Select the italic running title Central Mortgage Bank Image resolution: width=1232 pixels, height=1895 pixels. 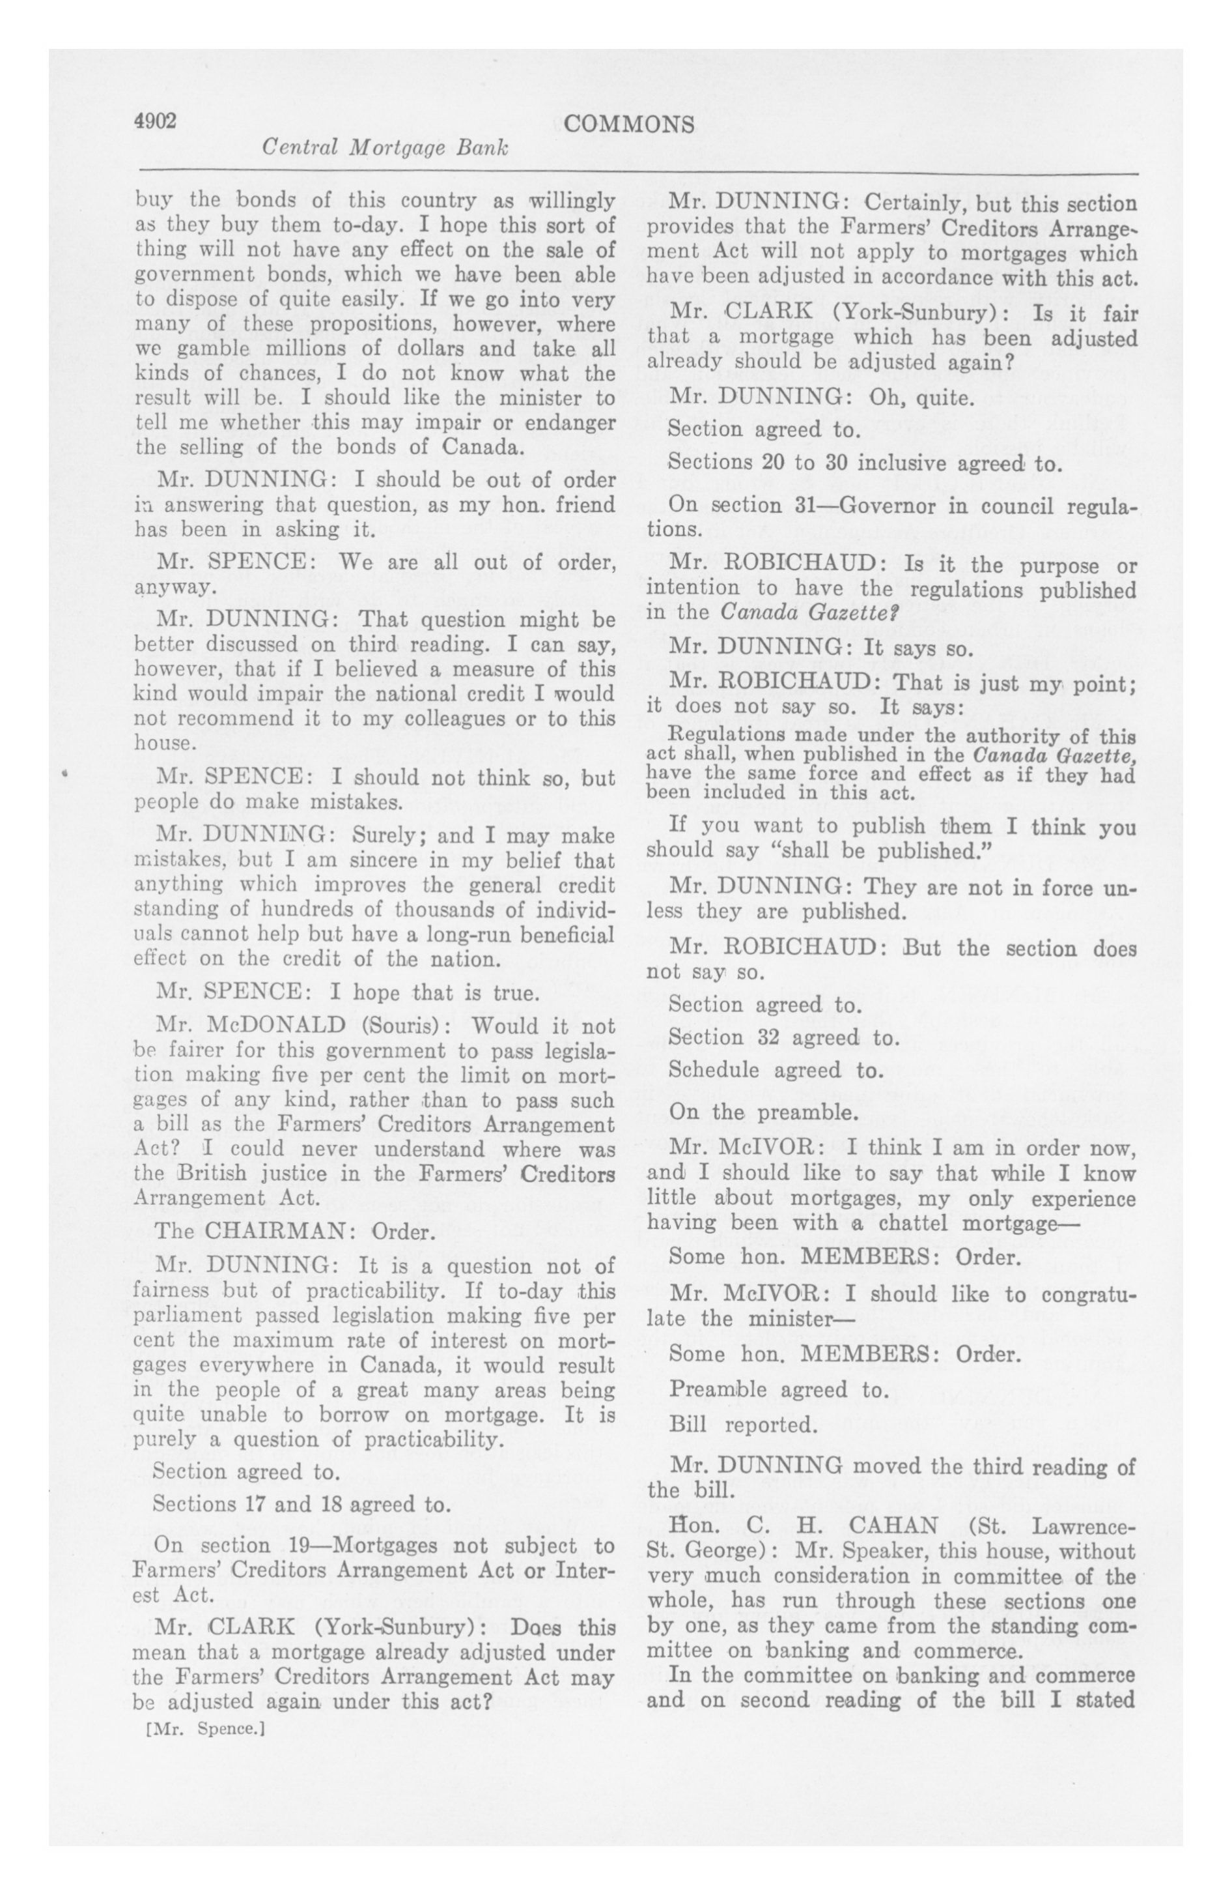tap(385, 148)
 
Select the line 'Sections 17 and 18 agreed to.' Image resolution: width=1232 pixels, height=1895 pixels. tap(301, 1504)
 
